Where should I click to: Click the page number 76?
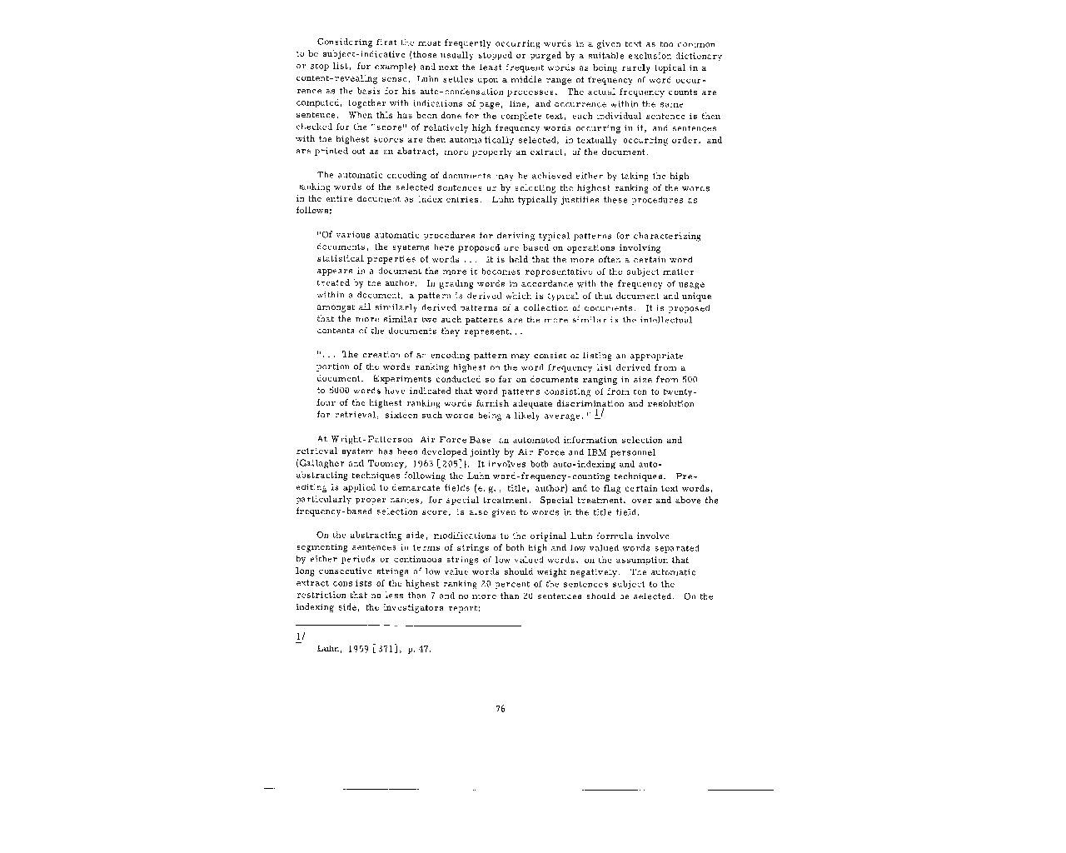click(x=500, y=709)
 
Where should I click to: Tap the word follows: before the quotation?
click(x=314, y=212)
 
